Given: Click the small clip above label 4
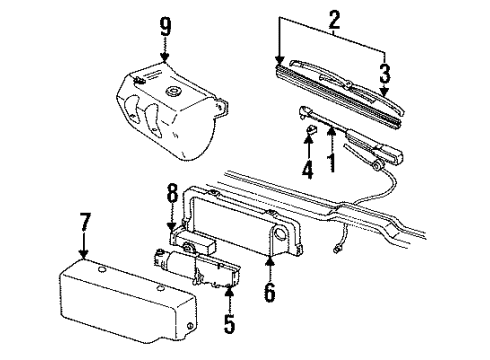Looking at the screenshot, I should (x=311, y=128).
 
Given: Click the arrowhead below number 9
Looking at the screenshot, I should (x=165, y=56).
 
